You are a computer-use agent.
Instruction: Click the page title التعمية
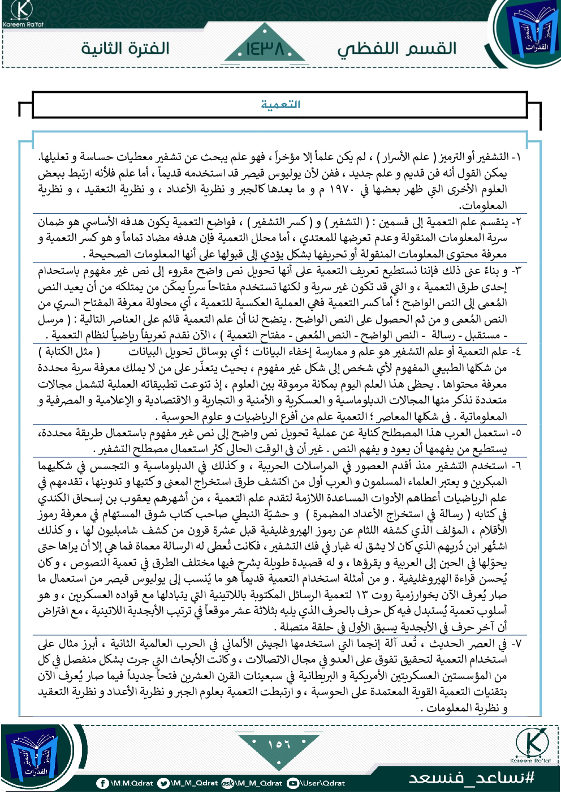pos(280,105)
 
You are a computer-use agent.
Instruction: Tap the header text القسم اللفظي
pos(397,49)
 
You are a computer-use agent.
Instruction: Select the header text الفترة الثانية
pos(125,48)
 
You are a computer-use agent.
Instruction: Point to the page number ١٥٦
pos(279,744)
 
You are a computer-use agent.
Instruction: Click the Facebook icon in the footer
pos(102,783)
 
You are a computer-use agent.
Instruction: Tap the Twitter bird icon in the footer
pos(163,783)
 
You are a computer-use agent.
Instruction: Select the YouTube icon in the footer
pos(293,783)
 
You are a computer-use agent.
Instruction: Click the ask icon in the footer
pos(228,783)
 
